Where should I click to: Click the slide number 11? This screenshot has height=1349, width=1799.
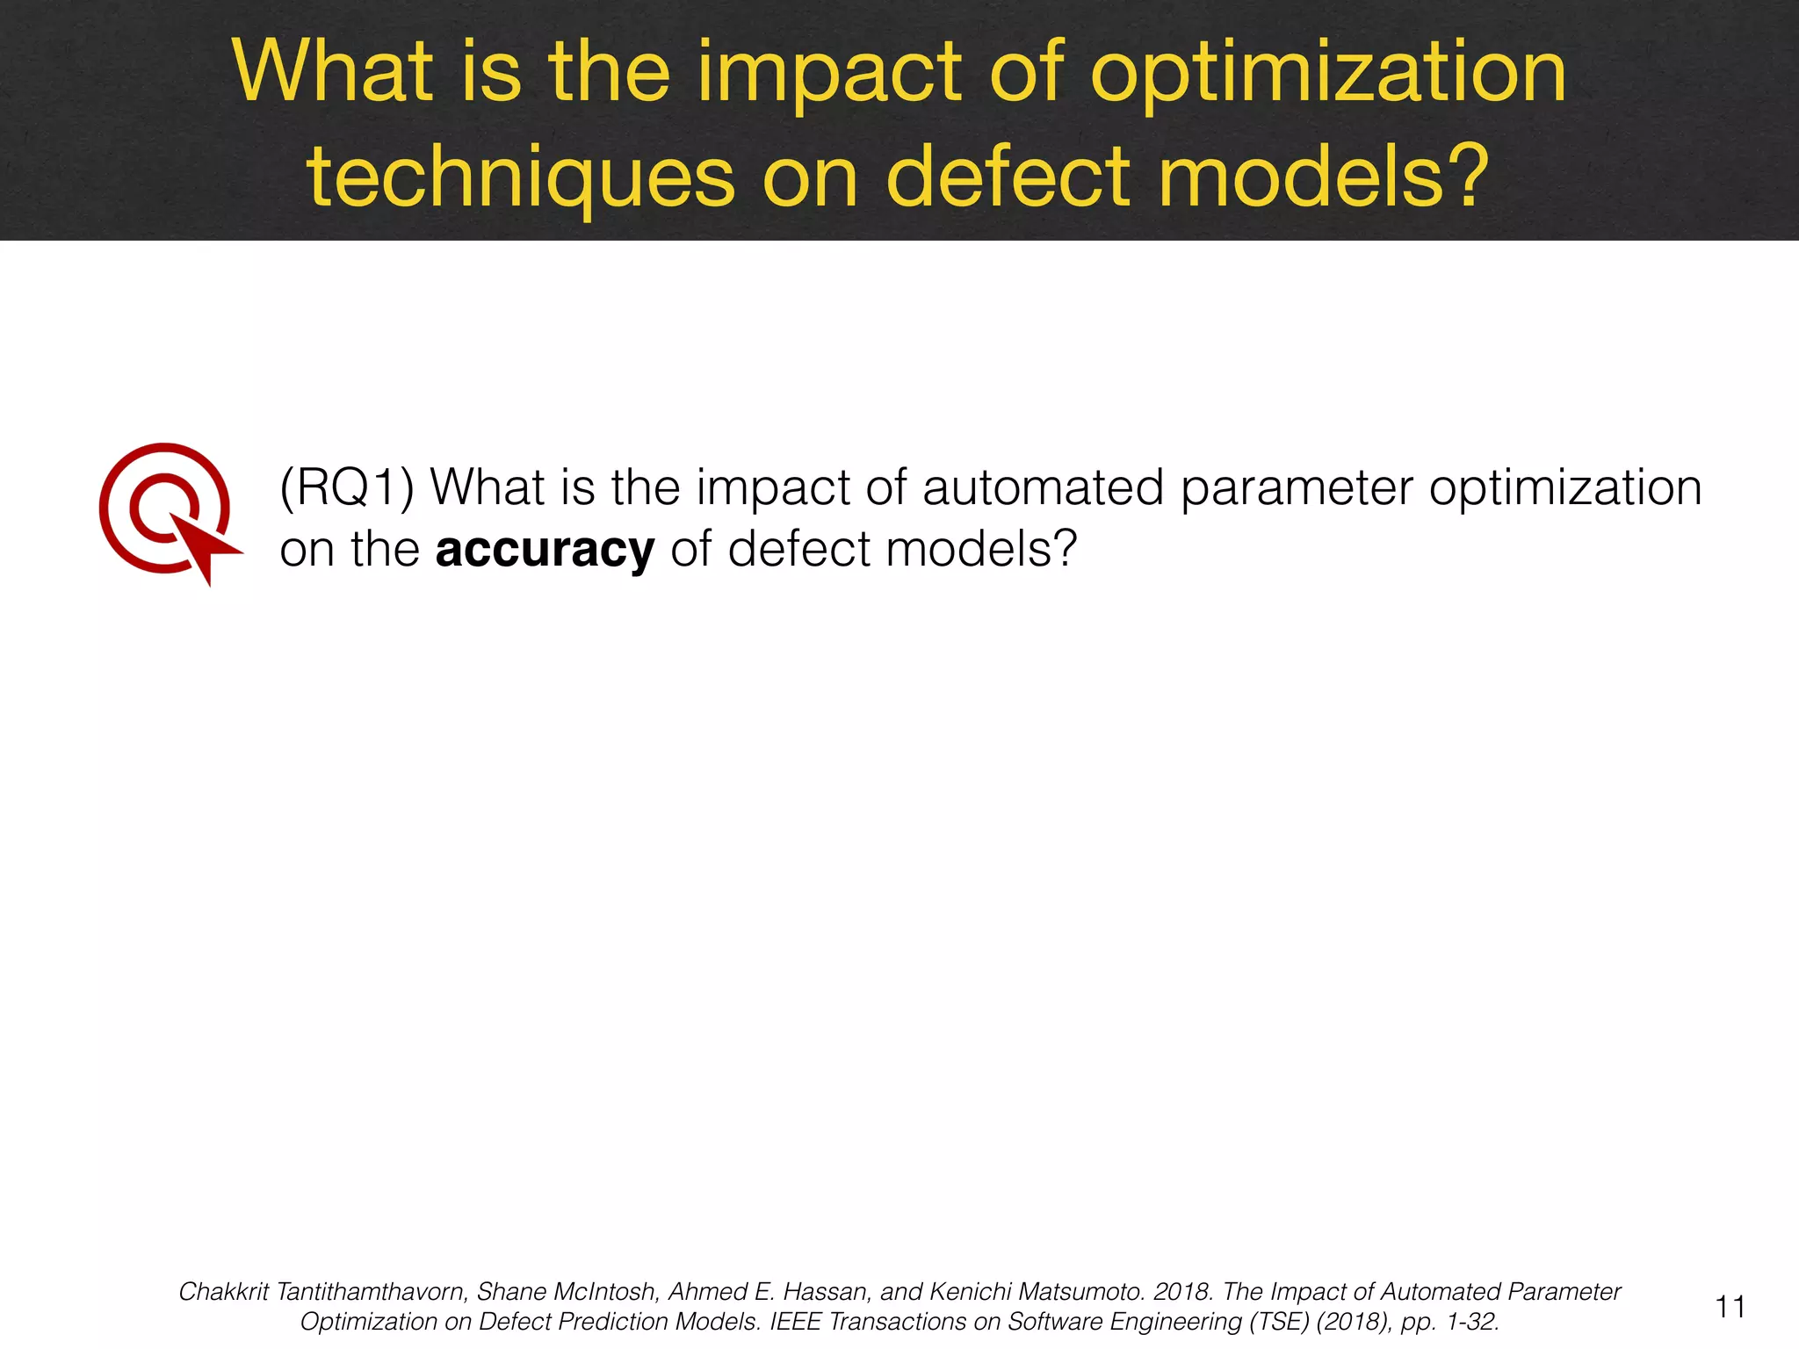coord(1730,1307)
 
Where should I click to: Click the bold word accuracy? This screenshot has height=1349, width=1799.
coord(545,550)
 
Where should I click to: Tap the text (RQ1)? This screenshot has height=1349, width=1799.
coord(346,488)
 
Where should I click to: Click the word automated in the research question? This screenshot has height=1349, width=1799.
coord(1043,488)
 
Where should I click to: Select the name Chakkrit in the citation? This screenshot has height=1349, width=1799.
coord(223,1292)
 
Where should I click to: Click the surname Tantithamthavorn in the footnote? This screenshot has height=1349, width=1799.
coord(371,1292)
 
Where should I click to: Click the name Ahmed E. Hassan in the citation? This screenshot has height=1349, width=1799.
coord(770,1292)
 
